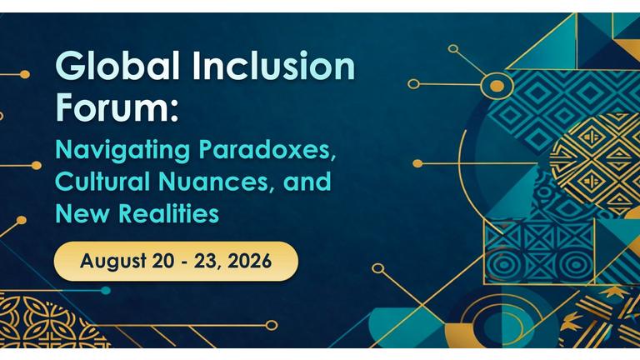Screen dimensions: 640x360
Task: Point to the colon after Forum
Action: [175, 110]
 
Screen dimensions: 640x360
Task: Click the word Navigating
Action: [122, 152]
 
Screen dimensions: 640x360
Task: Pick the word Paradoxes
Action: [267, 151]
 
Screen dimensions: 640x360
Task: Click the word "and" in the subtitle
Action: [307, 182]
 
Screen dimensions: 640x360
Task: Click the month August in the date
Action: [113, 262]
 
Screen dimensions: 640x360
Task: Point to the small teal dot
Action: [106, 291]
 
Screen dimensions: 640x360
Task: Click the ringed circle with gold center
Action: [497, 86]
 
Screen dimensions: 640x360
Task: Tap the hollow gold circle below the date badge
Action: [271, 325]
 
